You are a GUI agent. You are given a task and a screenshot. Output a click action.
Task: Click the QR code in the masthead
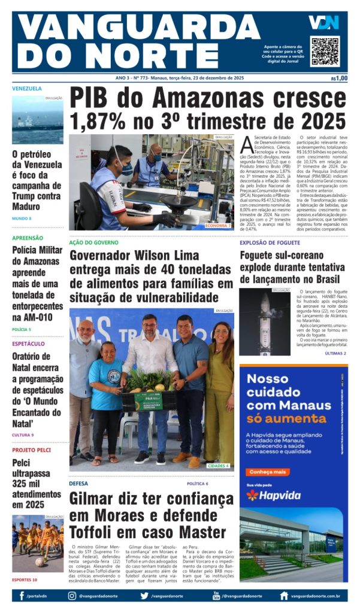325,51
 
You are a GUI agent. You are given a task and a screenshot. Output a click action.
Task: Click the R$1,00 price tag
339,78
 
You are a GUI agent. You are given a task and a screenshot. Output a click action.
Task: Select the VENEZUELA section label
27,89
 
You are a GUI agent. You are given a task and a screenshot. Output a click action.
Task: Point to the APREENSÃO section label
28,238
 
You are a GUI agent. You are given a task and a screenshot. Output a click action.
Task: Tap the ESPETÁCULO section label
28,344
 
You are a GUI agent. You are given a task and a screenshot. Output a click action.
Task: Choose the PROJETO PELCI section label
32,450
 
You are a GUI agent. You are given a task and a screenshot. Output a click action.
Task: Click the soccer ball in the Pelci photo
40,562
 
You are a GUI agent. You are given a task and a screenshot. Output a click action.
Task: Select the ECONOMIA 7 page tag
218,225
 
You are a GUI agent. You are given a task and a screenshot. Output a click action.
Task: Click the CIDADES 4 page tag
218,465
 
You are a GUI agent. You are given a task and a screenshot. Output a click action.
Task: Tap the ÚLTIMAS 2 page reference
335,354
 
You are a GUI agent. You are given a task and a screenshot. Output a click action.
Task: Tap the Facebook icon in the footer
22,596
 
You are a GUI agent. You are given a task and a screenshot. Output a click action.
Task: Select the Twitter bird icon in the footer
144,596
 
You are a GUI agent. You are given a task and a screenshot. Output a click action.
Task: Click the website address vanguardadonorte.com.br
316,596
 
